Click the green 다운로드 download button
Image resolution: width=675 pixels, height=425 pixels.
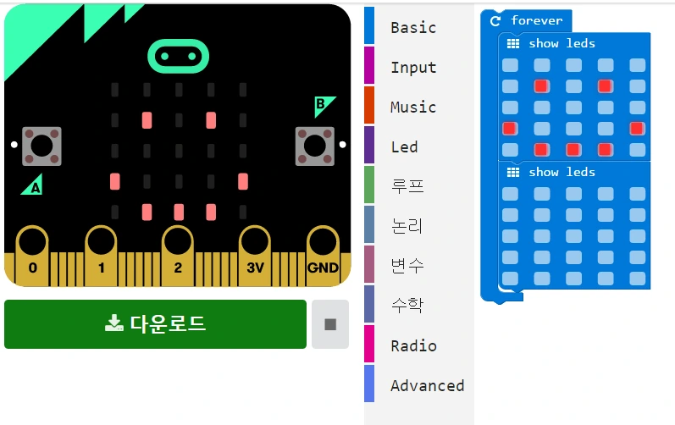point(155,323)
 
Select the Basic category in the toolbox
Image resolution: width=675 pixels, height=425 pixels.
point(413,27)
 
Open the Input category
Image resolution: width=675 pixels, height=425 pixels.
point(413,67)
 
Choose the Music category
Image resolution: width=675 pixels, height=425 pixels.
point(413,107)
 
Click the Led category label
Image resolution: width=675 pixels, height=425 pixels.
point(404,146)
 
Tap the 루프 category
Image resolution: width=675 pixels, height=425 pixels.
point(407,186)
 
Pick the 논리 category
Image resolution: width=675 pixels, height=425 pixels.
point(407,226)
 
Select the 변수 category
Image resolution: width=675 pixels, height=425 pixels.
point(407,266)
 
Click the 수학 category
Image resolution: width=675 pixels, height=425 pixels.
point(407,306)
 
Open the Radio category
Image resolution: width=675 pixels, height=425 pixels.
point(413,345)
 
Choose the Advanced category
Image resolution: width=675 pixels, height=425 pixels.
point(427,385)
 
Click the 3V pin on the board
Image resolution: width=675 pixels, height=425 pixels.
point(254,254)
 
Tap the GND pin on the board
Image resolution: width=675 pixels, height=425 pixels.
point(323,254)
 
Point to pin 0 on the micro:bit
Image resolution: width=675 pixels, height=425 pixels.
point(33,254)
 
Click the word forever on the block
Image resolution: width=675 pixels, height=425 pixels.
point(536,20)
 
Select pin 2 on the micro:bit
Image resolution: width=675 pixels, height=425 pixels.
point(178,254)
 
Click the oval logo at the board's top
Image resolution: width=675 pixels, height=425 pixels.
point(177,56)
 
